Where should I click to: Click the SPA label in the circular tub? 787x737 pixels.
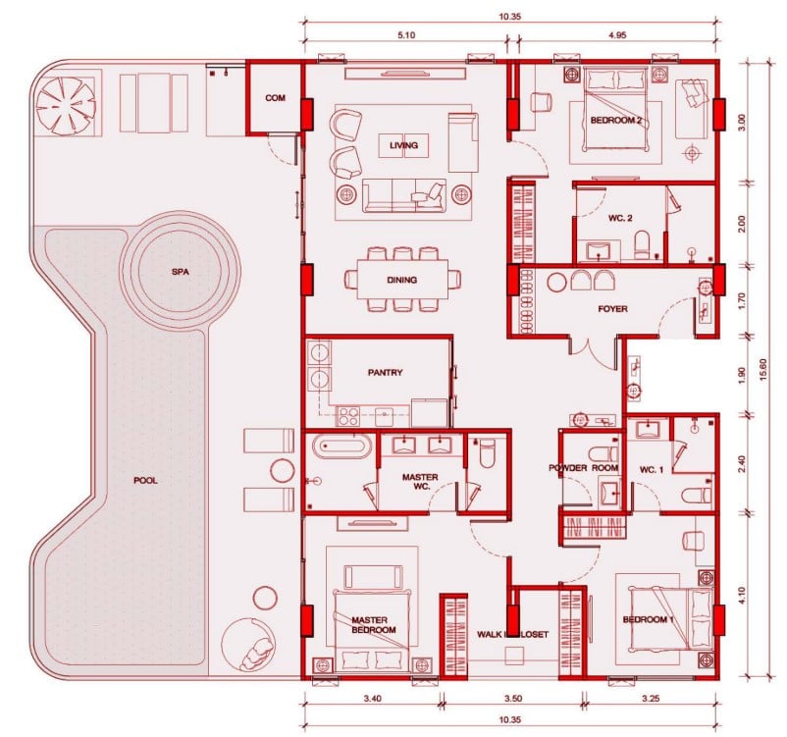[x=181, y=272]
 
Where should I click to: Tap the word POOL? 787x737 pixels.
[x=145, y=481]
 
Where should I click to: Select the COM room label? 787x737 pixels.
[x=275, y=98]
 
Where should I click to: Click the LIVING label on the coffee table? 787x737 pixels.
[x=403, y=145]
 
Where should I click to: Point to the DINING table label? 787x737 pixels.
[x=402, y=280]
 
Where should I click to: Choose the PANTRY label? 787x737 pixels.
[x=385, y=373]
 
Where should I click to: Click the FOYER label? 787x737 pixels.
[x=613, y=309]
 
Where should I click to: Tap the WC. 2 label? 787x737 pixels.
[x=620, y=218]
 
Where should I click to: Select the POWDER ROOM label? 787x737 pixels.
[x=583, y=467]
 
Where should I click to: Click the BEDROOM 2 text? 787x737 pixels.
[x=616, y=120]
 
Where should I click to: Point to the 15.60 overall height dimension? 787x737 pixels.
[x=763, y=370]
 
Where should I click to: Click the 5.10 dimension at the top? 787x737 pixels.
[x=406, y=35]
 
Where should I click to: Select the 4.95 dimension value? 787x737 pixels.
[x=617, y=35]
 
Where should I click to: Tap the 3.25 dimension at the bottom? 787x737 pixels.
[x=651, y=698]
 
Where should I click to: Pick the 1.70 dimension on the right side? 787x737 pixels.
[x=742, y=300]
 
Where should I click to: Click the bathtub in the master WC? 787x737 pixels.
[x=342, y=446]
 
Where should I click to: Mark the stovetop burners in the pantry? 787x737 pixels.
[x=348, y=416]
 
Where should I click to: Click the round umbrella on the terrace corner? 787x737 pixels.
[x=67, y=106]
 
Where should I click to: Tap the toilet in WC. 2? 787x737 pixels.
[x=642, y=244]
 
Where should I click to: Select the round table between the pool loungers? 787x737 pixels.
[x=282, y=470]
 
